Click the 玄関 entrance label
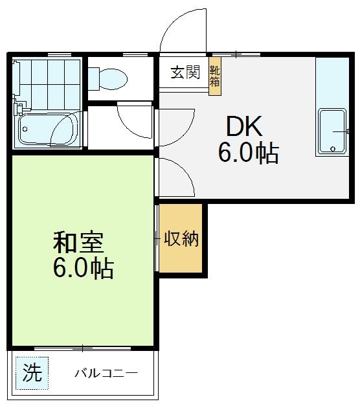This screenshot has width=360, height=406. click(185, 73)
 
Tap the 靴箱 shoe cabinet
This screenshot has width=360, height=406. click(215, 76)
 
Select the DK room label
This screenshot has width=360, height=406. click(244, 126)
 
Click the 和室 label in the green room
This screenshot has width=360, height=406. click(78, 243)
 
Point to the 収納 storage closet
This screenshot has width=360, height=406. click(181, 238)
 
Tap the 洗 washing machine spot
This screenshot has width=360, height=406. click(32, 373)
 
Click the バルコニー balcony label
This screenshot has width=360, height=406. click(106, 373)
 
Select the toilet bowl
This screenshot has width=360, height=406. click(113, 79)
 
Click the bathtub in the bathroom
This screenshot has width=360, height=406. click(48, 129)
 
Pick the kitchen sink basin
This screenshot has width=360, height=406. click(333, 131)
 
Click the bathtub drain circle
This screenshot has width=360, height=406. click(25, 129)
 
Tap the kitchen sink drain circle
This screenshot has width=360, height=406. click(333, 149)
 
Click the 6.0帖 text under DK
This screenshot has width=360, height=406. click(249, 153)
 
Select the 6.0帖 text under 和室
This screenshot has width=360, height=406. click(84, 267)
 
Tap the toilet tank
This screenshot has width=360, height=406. click(93, 79)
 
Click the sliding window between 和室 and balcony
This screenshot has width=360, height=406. click(82, 348)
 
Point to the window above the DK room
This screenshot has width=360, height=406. click(236, 54)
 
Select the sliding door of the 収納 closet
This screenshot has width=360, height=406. click(157, 238)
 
